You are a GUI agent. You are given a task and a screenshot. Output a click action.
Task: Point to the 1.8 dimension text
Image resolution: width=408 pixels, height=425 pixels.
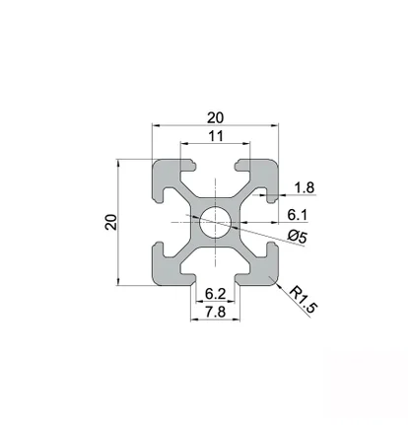click(305, 186)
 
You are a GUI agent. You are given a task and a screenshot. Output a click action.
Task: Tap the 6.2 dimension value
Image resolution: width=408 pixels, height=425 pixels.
click(214, 294)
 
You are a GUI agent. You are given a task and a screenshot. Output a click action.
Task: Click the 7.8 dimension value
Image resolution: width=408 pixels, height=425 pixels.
click(214, 312)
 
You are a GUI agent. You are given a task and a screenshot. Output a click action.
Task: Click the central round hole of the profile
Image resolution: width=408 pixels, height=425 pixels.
click(214, 223)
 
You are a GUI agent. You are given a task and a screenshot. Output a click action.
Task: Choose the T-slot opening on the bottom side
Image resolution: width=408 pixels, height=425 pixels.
click(214, 282)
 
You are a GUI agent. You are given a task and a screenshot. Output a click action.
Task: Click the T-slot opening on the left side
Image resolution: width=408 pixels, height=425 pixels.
click(156, 223)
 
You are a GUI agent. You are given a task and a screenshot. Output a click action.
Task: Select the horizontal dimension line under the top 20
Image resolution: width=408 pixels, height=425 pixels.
click(214, 125)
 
